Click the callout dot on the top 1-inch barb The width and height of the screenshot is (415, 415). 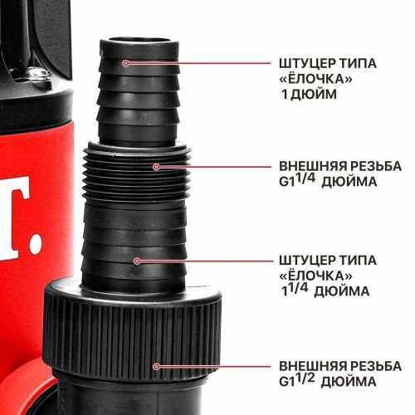(x=126, y=63)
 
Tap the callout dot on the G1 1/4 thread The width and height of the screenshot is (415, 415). (x=155, y=167)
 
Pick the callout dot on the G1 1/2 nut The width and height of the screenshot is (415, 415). (x=155, y=366)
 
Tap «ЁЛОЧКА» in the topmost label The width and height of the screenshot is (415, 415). (x=315, y=78)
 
